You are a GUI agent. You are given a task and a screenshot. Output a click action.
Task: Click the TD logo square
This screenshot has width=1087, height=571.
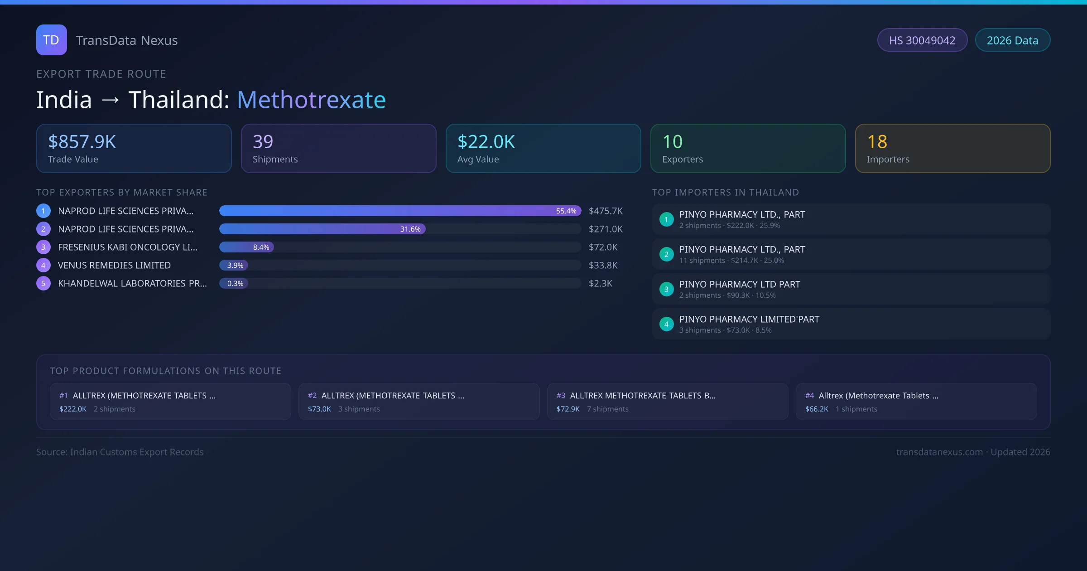51,40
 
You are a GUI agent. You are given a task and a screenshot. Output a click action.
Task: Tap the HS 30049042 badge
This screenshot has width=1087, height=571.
922,40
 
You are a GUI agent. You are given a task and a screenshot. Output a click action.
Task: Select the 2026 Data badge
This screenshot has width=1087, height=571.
1012,40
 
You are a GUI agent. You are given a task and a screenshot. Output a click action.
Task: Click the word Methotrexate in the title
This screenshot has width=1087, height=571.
311,100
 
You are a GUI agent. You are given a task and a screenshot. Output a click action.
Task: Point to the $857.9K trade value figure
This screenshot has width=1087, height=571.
82,142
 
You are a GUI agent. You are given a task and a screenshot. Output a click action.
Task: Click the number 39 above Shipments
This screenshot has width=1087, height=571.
263,142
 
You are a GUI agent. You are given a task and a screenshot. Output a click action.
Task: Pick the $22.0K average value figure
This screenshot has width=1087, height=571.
486,142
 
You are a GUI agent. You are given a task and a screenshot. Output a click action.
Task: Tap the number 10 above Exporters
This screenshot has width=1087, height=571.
672,142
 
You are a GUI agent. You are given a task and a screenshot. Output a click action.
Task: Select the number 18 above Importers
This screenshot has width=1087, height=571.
877,142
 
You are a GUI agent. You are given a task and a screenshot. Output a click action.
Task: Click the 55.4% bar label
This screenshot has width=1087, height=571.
566,211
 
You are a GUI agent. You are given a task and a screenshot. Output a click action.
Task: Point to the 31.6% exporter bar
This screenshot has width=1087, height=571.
322,229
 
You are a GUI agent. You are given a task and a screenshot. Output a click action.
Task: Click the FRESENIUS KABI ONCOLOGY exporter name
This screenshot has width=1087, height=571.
128,247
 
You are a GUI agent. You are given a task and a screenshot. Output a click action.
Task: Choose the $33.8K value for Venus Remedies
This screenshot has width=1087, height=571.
603,265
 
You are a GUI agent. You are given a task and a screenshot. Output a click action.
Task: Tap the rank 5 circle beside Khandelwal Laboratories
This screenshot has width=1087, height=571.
43,283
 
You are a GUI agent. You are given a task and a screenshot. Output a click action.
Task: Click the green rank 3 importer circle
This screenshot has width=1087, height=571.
666,289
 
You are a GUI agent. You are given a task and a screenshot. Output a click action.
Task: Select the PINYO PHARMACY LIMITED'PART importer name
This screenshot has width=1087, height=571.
749,319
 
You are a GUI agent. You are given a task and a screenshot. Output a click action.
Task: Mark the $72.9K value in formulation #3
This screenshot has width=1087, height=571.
568,409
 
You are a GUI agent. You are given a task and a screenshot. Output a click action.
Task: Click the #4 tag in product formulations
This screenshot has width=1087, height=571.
809,396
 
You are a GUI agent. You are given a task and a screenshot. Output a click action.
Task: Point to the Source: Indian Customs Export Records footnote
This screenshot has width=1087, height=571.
120,452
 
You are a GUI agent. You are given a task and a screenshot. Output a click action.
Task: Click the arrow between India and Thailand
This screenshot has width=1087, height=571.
110,100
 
